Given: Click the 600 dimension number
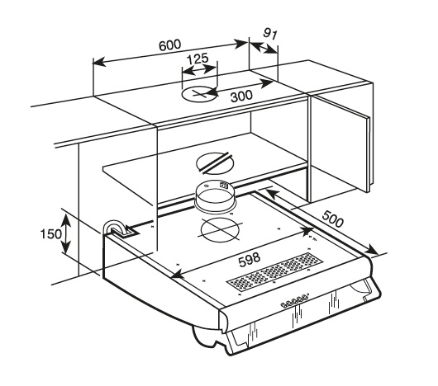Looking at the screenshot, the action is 169,45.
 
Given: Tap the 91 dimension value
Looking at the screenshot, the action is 270,34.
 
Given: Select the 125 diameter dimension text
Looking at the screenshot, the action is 198,59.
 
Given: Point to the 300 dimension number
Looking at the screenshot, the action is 241,96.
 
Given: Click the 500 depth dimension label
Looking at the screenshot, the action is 333,219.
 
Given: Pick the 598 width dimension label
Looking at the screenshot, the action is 250,259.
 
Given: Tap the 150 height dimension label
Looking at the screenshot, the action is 51,233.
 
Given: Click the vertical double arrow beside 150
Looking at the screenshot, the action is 66,234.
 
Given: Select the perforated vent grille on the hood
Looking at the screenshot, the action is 275,271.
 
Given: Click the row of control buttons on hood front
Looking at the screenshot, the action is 294,301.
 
